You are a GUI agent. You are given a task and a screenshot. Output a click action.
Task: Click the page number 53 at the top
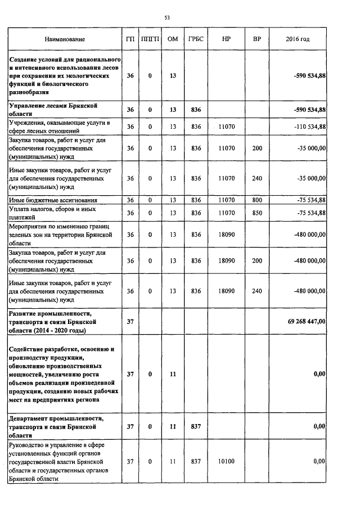tap(167, 18)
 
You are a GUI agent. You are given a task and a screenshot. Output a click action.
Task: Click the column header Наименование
tap(65, 39)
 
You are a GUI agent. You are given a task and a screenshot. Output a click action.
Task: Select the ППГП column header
tap(150, 39)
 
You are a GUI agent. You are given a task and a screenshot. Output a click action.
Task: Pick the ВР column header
tap(257, 39)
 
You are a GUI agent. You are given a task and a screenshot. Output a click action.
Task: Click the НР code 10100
tap(226, 461)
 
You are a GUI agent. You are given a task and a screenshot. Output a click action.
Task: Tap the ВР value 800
tap(257, 200)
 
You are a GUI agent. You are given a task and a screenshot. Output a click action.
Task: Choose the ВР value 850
tap(257, 213)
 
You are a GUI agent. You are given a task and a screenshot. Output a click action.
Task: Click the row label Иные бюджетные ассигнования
tap(52, 200)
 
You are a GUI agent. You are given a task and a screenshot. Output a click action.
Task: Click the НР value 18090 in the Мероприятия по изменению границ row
tap(226, 235)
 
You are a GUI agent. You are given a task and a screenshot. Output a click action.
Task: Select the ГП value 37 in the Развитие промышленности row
tap(130, 321)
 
